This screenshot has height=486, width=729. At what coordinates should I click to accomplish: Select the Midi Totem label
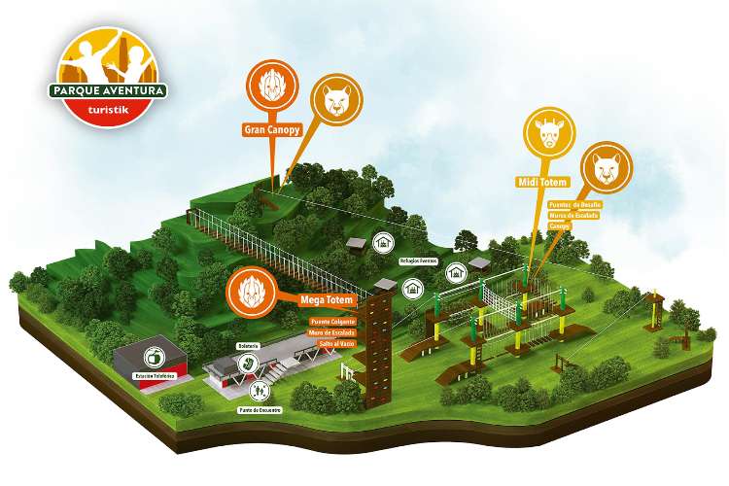[539, 181]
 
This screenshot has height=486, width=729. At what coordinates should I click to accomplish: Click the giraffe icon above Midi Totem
[543, 136]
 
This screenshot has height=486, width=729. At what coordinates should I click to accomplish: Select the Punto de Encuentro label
[260, 410]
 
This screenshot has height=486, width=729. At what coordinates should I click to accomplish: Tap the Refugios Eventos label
[419, 260]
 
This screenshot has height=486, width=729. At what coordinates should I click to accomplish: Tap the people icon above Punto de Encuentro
[259, 391]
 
